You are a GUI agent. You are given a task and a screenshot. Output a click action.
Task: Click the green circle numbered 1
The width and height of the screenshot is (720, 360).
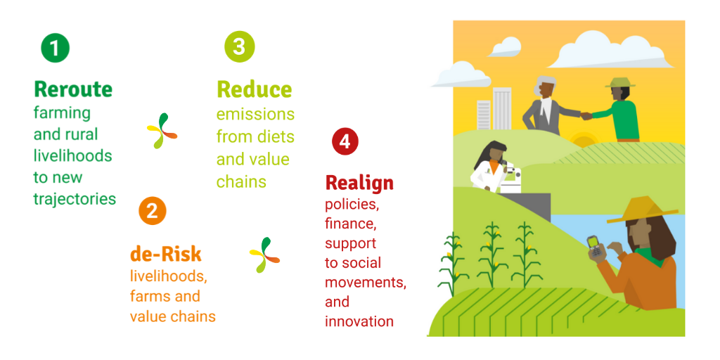click(55, 49)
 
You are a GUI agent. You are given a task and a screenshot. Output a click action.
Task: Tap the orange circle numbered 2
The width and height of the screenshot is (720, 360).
click(152, 211)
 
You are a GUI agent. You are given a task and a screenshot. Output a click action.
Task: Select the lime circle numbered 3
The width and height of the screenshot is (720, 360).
click(239, 47)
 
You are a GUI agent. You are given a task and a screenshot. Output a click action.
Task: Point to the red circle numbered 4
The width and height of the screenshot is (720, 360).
click(345, 142)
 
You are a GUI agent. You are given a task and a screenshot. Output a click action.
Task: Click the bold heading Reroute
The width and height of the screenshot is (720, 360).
click(73, 89)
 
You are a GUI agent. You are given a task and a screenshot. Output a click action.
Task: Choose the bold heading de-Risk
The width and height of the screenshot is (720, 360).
click(166, 254)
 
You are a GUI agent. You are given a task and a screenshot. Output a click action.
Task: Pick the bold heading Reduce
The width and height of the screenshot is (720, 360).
click(255, 89)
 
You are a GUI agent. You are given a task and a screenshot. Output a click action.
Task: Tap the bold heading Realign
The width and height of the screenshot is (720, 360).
click(359, 184)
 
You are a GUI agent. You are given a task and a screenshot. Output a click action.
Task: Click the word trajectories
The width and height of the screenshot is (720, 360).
click(75, 199)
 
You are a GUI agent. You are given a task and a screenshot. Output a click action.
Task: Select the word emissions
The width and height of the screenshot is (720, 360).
click(256, 115)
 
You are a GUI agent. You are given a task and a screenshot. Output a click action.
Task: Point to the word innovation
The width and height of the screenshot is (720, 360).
click(359, 321)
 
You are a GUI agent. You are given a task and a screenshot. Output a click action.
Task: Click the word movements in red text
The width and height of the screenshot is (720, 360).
click(366, 282)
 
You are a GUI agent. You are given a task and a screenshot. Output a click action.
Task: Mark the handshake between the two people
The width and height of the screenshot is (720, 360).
click(586, 116)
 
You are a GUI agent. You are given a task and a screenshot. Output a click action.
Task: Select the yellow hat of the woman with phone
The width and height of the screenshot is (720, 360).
click(642, 211)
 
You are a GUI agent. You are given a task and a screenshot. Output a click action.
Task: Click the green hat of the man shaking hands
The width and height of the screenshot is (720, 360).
click(620, 83)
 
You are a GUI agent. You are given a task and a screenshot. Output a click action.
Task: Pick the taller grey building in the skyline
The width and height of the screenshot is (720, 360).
click(502, 108)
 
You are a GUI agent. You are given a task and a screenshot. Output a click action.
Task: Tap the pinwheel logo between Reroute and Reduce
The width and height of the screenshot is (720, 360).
click(162, 130)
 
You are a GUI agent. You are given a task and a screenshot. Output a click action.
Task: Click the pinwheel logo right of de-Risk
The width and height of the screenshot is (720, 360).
click(264, 255)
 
